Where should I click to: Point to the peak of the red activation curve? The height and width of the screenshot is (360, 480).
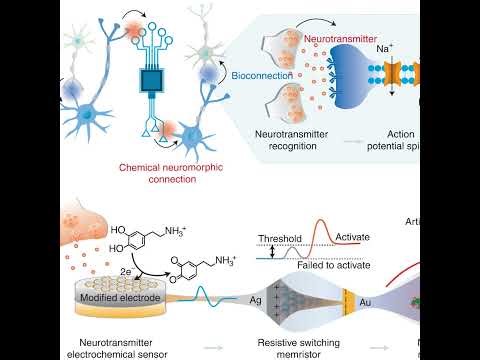[x=321, y=225]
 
